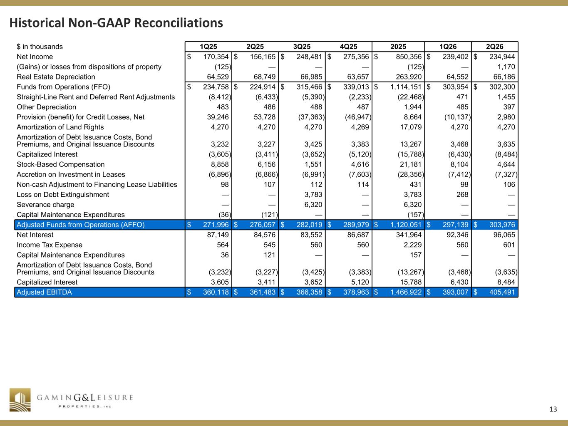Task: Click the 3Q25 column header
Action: point(301,47)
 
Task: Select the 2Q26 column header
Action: point(494,47)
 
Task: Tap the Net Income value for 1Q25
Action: point(216,57)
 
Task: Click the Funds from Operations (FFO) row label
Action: point(63,87)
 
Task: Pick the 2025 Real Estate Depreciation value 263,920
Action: point(409,77)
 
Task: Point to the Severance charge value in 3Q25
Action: point(313,205)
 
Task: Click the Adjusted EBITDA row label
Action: point(44,292)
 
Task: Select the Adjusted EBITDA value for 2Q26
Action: point(502,292)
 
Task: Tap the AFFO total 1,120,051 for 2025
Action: point(406,225)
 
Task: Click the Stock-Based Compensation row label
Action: point(61,164)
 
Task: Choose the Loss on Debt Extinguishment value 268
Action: point(462,195)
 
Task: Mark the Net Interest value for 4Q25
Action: point(359,235)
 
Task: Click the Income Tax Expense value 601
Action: point(509,245)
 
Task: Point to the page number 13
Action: point(553,409)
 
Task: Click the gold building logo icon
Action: point(20,400)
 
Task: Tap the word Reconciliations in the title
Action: point(178,23)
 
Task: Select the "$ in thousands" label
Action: point(40,47)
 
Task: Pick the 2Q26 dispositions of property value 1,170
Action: point(506,67)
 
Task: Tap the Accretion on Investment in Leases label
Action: point(71,175)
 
